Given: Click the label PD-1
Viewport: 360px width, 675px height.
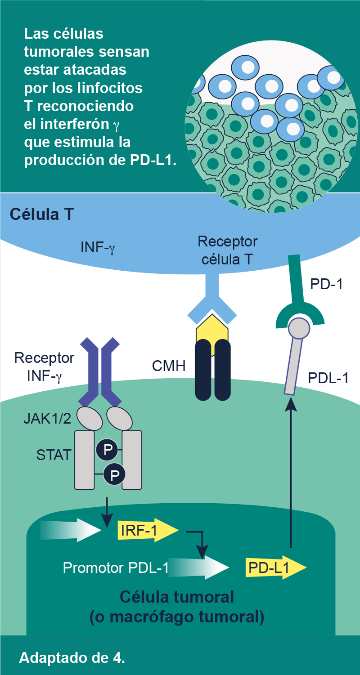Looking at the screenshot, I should point(326,284).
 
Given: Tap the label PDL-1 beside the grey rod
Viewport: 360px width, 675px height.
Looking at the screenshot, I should point(328,378).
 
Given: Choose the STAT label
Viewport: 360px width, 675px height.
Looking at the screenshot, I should point(54,455).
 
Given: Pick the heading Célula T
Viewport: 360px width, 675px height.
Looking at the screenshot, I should point(42,215).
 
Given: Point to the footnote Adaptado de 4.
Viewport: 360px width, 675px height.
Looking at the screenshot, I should point(72,657).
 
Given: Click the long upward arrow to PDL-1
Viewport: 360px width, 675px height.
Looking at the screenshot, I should point(292,472).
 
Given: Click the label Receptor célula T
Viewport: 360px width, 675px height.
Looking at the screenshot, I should point(227,250).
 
